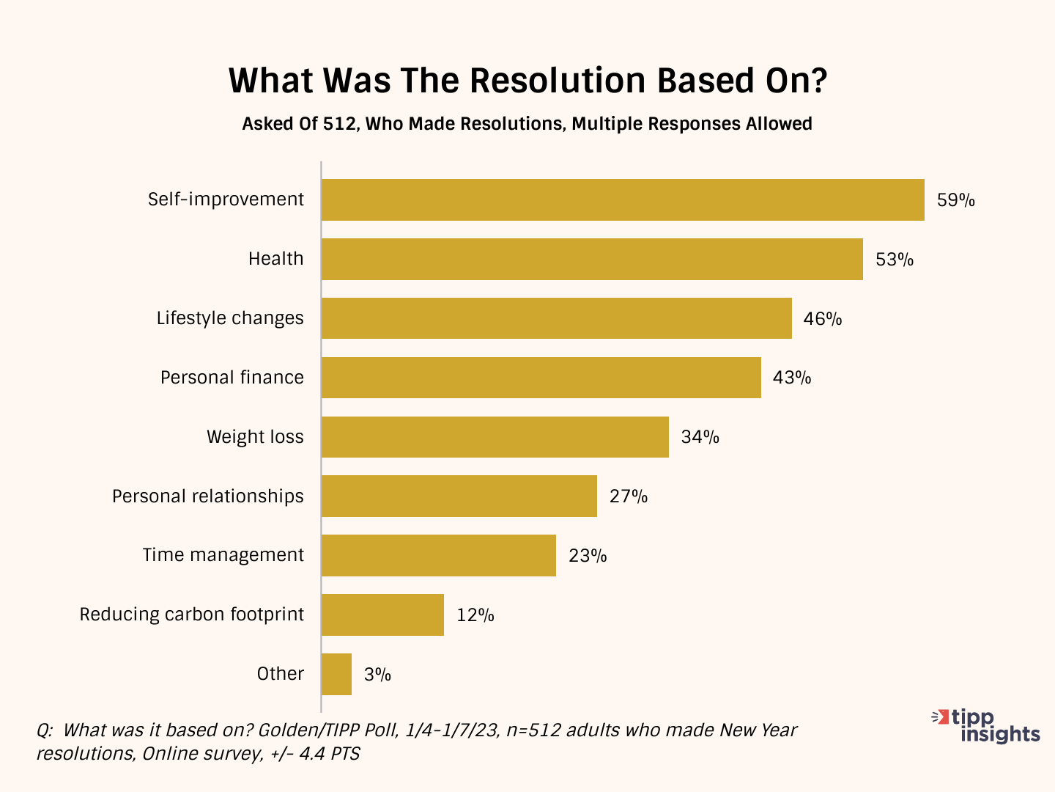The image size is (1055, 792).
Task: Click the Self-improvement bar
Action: coord(623,199)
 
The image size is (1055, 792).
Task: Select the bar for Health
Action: coord(592,259)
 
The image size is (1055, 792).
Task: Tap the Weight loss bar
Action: coord(495,437)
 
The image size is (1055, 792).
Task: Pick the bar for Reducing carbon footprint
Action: coord(382,615)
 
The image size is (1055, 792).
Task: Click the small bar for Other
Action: coord(336,674)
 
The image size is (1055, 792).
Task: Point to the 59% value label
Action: coord(955,200)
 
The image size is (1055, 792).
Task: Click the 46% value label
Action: coord(822,319)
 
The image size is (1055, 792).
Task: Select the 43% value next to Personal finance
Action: coord(792,378)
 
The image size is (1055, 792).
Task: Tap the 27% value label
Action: coord(628,496)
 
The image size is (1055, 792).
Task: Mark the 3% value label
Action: coord(377,675)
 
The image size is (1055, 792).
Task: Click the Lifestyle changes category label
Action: coord(230,318)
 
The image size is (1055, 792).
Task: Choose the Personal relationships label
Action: coord(208,496)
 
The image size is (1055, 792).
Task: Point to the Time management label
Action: coord(223,555)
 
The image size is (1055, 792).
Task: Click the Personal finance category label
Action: coord(232,378)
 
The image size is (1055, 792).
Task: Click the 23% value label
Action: coord(588,556)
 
